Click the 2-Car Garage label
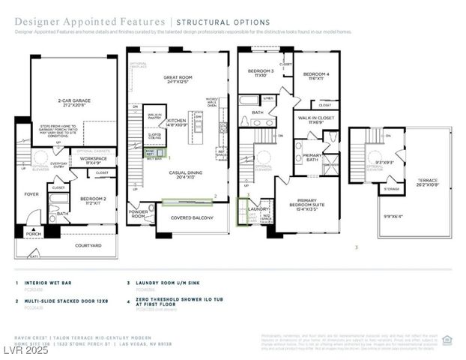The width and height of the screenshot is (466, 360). tap(74, 100)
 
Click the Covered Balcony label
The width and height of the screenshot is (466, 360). tap(193, 217)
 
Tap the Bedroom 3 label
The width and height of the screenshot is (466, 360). tap(261, 73)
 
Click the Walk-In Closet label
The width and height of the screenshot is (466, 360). tap(315, 119)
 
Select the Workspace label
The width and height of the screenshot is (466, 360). tap(93, 160)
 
